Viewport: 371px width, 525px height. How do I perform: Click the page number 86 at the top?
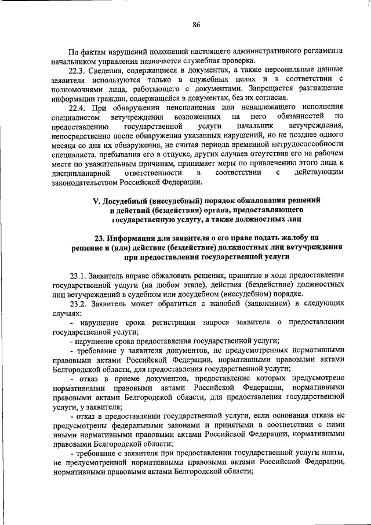click(197, 24)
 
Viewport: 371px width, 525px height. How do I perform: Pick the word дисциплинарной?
click(80, 173)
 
